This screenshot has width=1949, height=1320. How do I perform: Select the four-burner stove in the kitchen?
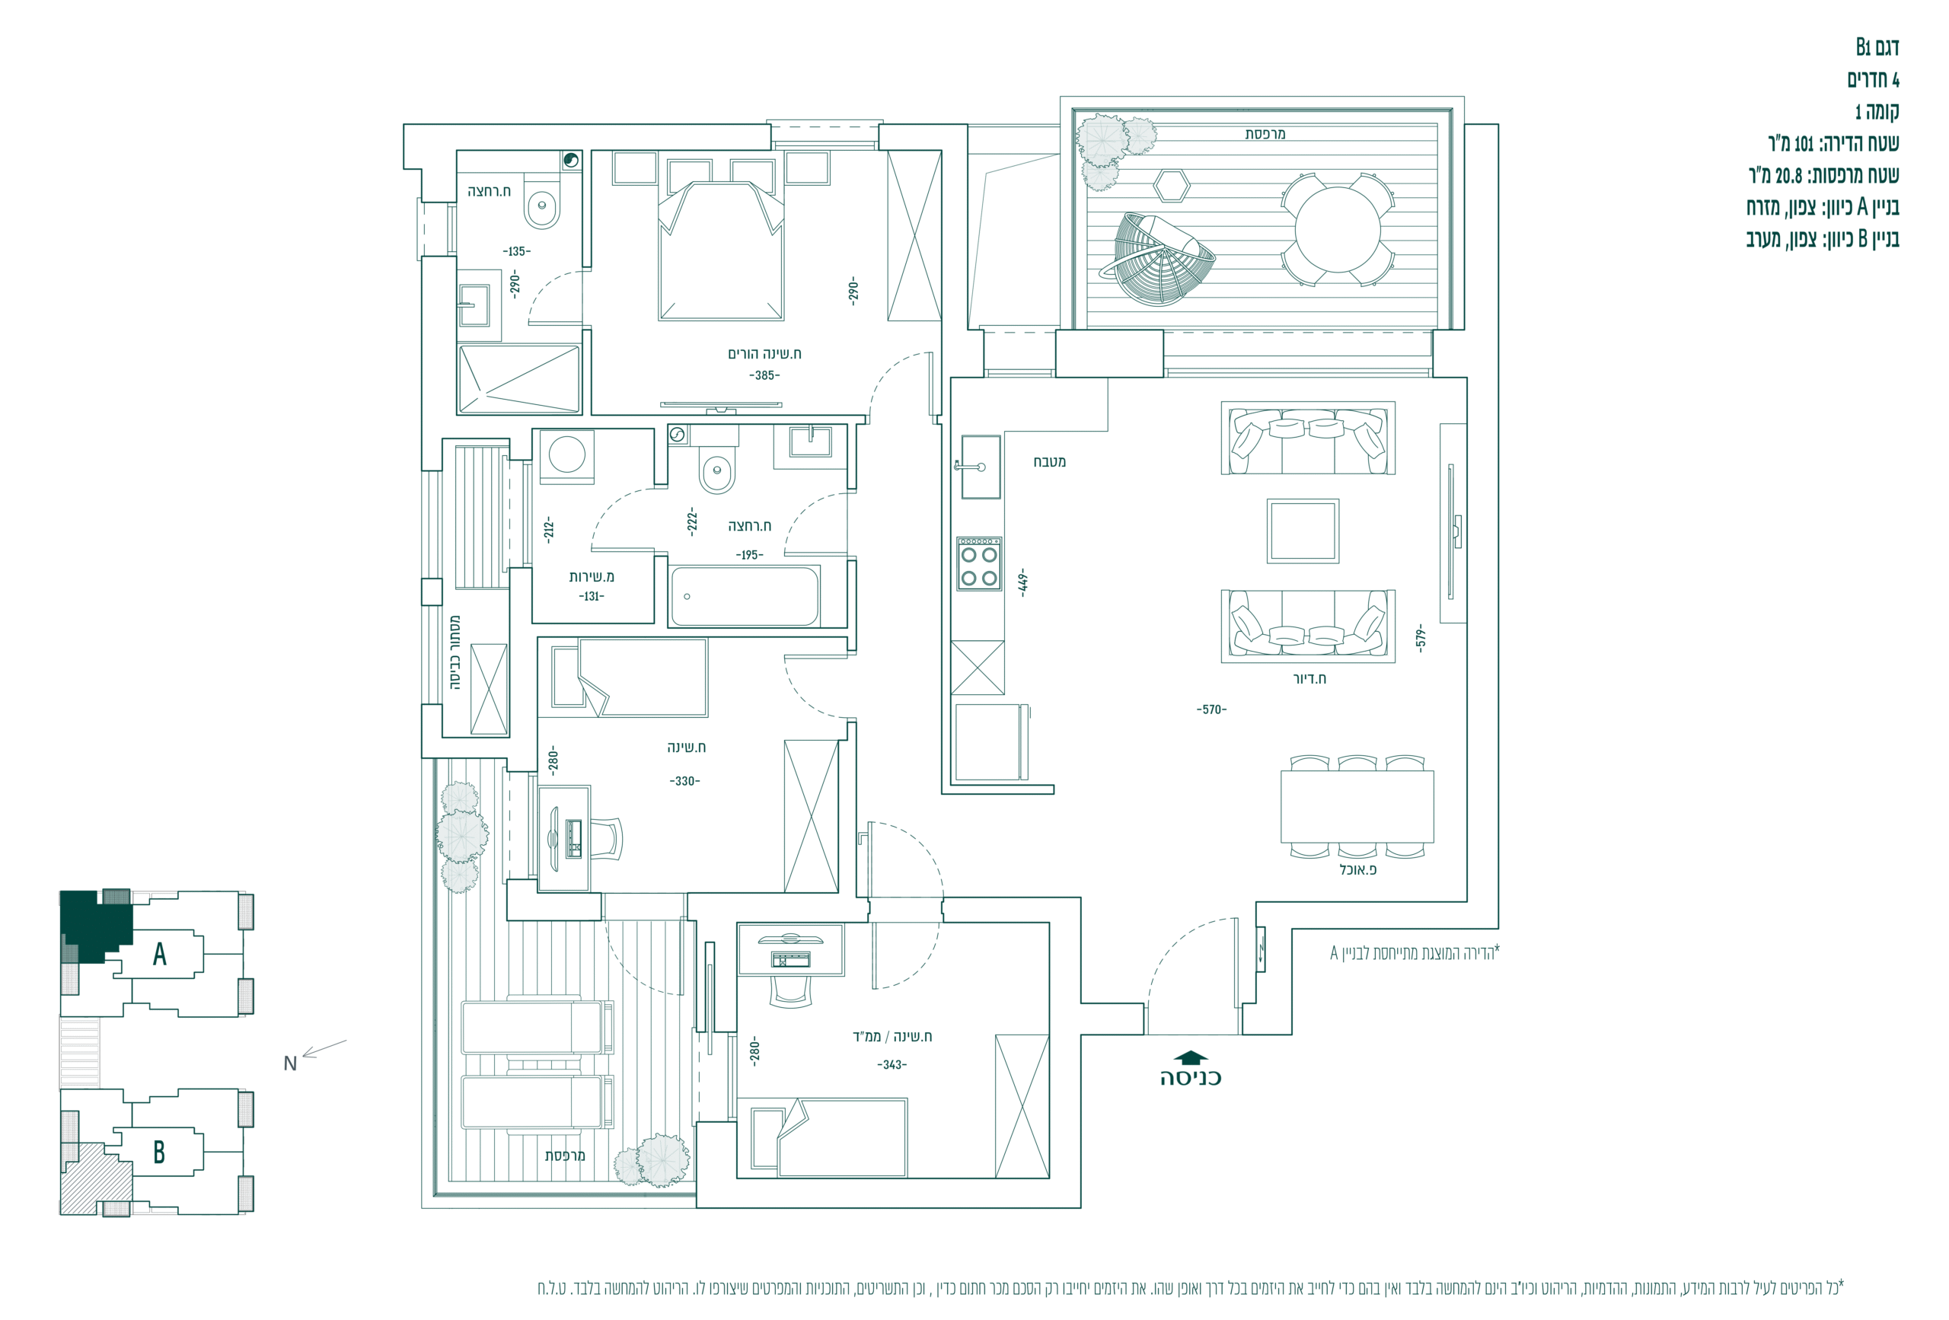(979, 563)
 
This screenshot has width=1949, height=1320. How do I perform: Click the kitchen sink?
(979, 467)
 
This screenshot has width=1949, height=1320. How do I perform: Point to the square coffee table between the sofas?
(1303, 531)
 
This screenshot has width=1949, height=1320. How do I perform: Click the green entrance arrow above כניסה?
(1191, 1057)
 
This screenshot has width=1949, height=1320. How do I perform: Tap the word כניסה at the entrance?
(1191, 1079)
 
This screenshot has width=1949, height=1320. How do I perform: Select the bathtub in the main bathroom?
(745, 596)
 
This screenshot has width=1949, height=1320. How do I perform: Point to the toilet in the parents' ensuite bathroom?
(542, 202)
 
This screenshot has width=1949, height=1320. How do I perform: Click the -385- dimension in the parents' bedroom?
(764, 376)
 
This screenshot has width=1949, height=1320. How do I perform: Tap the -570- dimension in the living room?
(1211, 709)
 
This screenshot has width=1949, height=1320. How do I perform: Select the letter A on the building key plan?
(159, 955)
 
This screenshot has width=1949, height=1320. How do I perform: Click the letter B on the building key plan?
(158, 1153)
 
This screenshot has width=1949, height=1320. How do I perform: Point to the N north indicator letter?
(290, 1063)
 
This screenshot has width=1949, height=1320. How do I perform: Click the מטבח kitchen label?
(1049, 462)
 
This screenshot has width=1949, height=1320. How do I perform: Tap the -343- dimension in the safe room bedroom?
(892, 1065)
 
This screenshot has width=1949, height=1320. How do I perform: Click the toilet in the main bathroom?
(717, 468)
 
